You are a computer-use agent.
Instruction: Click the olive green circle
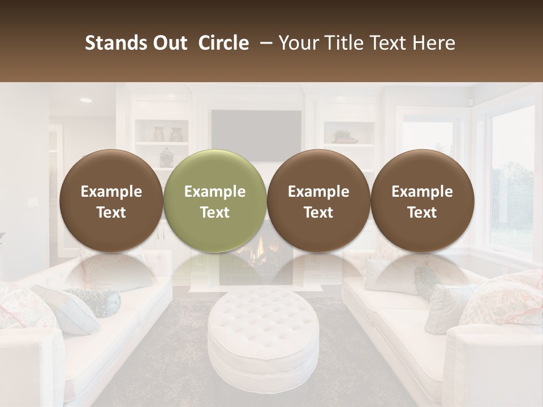click(x=214, y=201)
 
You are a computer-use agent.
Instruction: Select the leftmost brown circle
click(x=111, y=201)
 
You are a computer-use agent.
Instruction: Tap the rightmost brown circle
click(x=422, y=201)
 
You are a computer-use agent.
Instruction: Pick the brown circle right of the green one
click(x=318, y=201)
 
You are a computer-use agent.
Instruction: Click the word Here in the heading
click(x=433, y=43)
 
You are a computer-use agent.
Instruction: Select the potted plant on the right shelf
click(x=344, y=136)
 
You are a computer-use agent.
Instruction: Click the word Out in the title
click(x=168, y=43)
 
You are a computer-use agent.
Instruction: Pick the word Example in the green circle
click(x=215, y=192)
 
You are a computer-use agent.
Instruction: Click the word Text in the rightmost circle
click(x=422, y=213)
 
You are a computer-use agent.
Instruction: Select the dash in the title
click(x=264, y=43)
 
